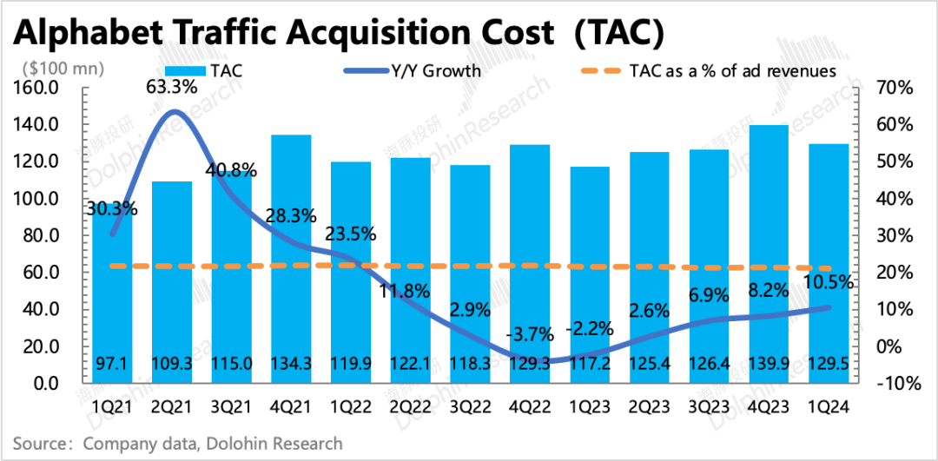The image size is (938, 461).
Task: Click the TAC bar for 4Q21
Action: [x=292, y=260]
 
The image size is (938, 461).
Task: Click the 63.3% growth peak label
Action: [x=172, y=87]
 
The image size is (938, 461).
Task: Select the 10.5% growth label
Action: [x=829, y=282]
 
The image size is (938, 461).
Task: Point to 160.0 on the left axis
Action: [x=36, y=89]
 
